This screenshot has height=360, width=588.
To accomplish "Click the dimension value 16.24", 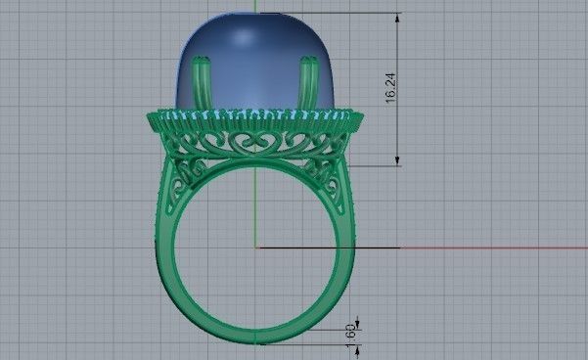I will click(390, 88).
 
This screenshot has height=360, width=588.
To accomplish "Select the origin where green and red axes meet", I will click(255, 247).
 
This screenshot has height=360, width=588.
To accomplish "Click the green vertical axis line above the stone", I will click(255, 6).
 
